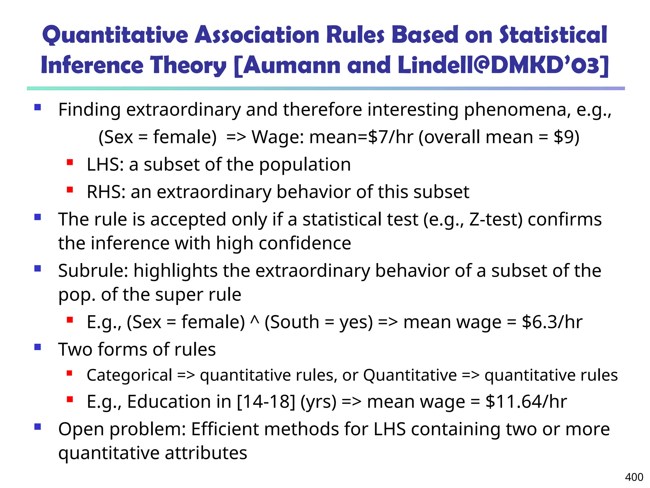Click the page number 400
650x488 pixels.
[634, 477]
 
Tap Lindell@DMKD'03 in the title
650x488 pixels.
[503, 65]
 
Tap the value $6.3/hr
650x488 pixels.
[552, 322]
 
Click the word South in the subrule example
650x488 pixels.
[292, 322]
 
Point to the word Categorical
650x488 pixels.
[129, 375]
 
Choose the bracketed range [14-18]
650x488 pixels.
[266, 402]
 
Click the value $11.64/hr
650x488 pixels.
[526, 402]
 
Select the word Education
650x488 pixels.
[169, 402]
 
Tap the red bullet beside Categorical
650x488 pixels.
[70, 373]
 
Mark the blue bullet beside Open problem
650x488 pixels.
[38, 426]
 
